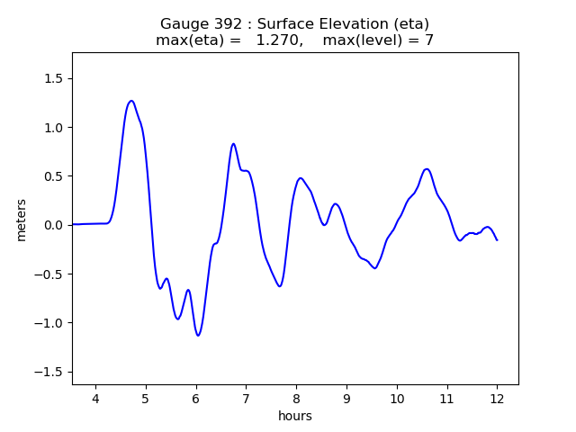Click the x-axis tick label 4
coord(95,399)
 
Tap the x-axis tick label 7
coord(246,399)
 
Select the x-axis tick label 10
coord(396,399)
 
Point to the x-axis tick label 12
coord(497,399)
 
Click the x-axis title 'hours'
coord(295,416)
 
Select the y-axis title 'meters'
coord(21,219)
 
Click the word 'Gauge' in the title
coord(184,24)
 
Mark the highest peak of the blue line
coord(131,101)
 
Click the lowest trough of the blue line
coord(198,336)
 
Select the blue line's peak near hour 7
coord(233,144)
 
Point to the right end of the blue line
coord(497,240)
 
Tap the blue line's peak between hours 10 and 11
coord(427,169)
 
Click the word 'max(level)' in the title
coord(359,40)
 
